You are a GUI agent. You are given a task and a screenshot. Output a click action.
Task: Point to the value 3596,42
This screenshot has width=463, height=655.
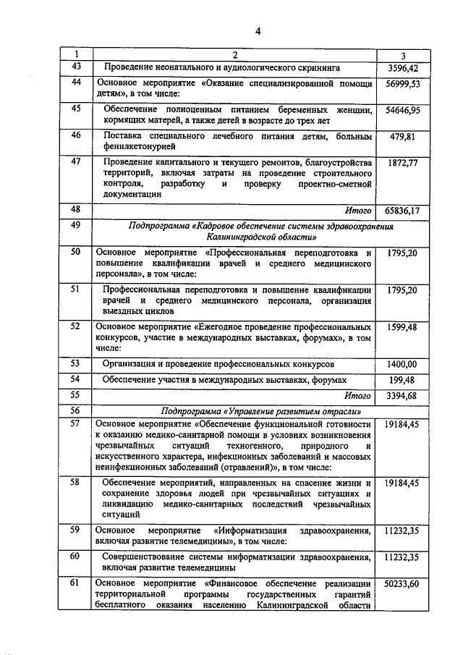[403, 68]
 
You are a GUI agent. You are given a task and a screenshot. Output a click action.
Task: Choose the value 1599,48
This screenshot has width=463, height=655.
[403, 326]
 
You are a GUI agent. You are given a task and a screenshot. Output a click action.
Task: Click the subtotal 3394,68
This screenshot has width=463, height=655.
[403, 395]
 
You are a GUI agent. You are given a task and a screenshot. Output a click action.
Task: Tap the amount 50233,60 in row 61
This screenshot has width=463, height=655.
[403, 583]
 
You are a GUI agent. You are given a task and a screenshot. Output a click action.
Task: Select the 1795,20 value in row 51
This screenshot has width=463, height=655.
[403, 290]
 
